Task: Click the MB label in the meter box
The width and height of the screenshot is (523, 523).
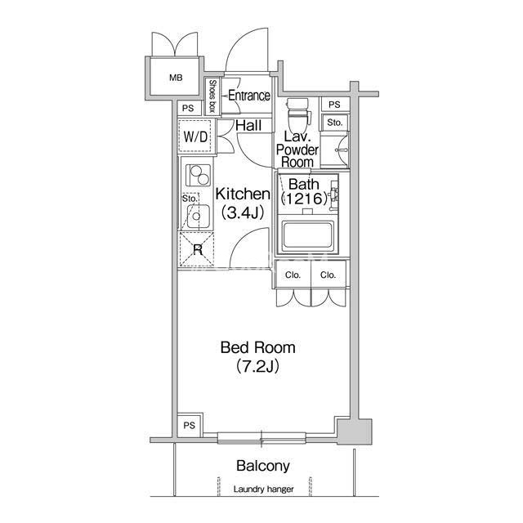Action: pyautogui.click(x=176, y=78)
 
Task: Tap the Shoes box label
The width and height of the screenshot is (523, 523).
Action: pyautogui.click(x=212, y=96)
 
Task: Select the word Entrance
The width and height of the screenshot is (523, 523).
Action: pyautogui.click(x=249, y=96)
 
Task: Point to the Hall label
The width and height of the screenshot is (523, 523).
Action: pyautogui.click(x=248, y=126)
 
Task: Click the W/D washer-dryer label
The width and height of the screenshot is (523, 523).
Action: pyautogui.click(x=195, y=136)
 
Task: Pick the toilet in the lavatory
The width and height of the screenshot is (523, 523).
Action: pyautogui.click(x=298, y=115)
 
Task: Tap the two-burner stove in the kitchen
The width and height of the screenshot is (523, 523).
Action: pyautogui.click(x=198, y=175)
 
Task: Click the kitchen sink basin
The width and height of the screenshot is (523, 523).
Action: pyautogui.click(x=198, y=216)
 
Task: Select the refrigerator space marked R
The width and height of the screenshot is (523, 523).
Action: pyautogui.click(x=197, y=248)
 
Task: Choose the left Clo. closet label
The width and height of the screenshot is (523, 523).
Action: pyautogui.click(x=293, y=275)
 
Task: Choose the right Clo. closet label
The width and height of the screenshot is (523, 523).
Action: pyautogui.click(x=328, y=275)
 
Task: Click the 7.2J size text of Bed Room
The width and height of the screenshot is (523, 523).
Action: pyautogui.click(x=257, y=366)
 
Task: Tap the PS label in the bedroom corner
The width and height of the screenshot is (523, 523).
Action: pyautogui.click(x=189, y=426)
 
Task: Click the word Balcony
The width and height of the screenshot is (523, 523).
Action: pyautogui.click(x=263, y=466)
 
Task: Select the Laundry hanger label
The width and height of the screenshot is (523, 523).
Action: pyautogui.click(x=263, y=489)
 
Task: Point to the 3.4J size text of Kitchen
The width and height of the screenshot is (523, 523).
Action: pyautogui.click(x=243, y=212)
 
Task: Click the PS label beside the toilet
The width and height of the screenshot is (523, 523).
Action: pyautogui.click(x=334, y=105)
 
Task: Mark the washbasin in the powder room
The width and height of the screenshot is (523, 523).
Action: pyautogui.click(x=340, y=150)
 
